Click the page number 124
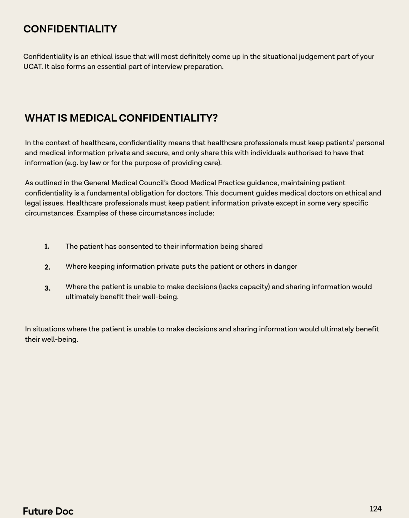click(x=375, y=509)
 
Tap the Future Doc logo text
click(x=48, y=511)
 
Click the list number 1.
click(x=47, y=247)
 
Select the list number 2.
click(x=47, y=267)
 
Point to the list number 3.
click(x=47, y=288)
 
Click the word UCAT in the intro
click(x=32, y=67)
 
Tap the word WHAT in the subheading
click(x=40, y=118)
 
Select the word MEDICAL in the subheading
click(x=93, y=118)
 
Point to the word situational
click(x=279, y=57)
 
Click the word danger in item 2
click(x=285, y=266)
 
